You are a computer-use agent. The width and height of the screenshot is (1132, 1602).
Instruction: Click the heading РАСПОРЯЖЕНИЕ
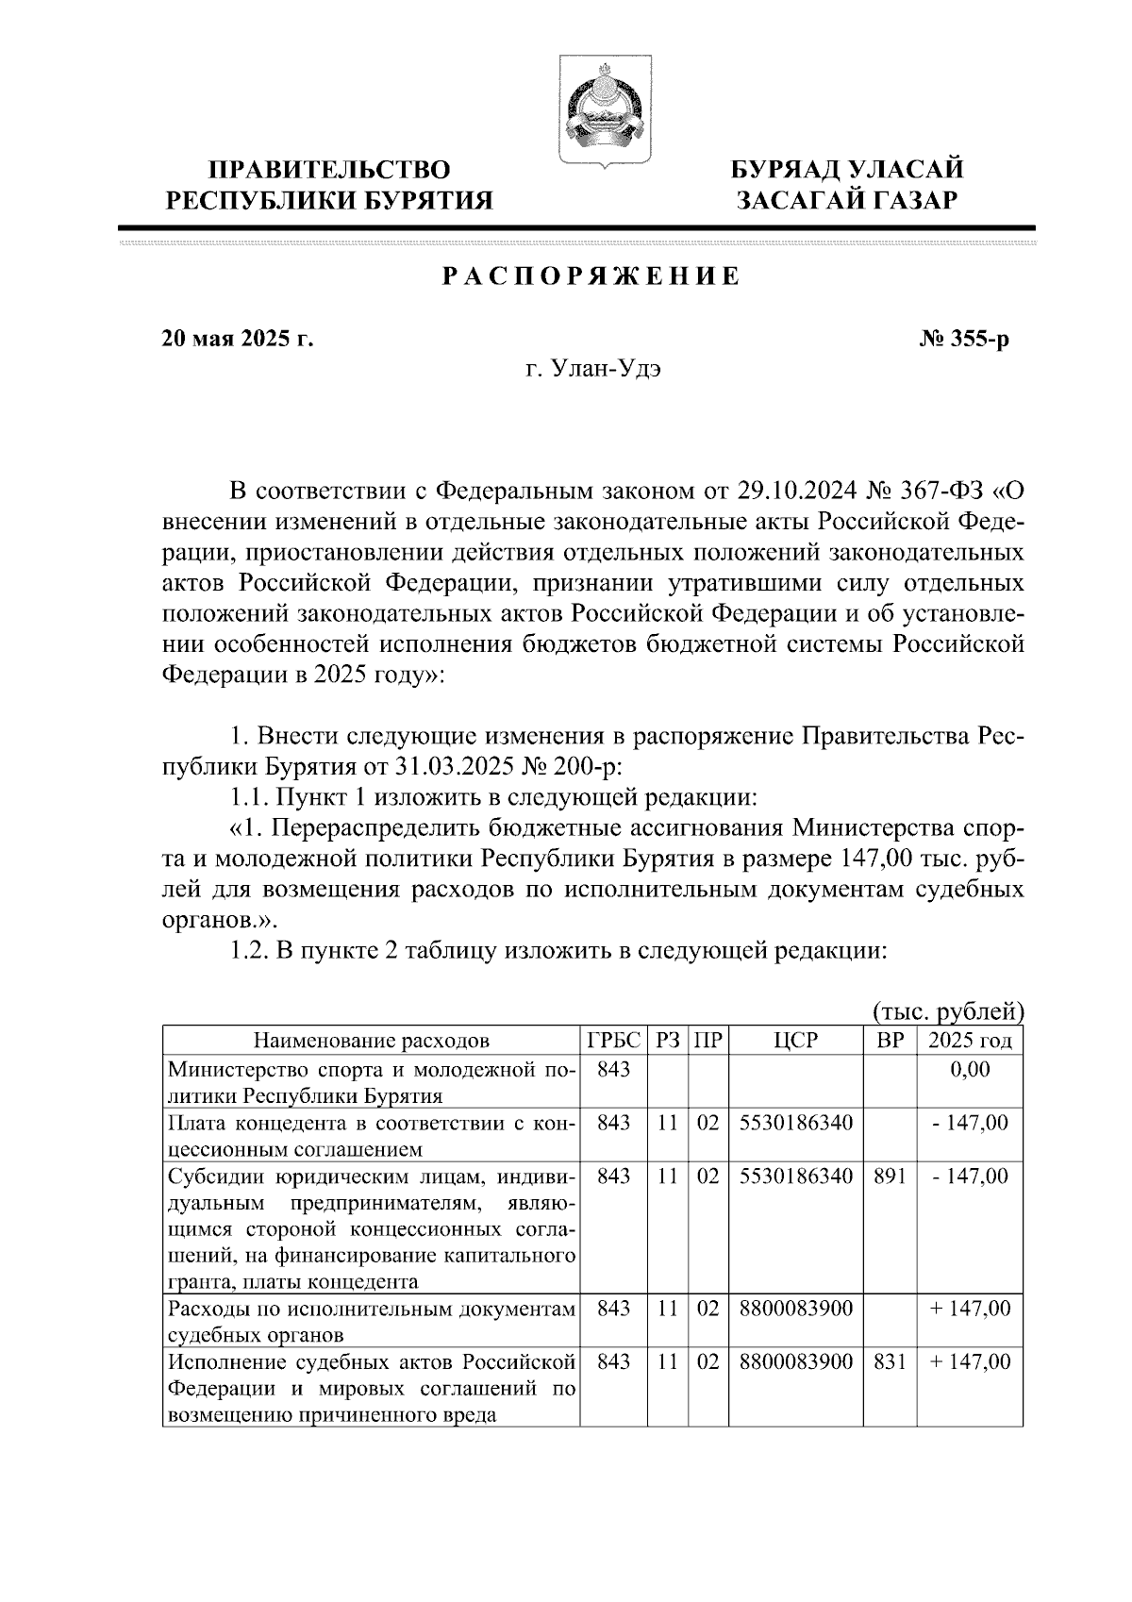[x=591, y=276]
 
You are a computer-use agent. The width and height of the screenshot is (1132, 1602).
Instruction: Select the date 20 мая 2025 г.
[x=238, y=338]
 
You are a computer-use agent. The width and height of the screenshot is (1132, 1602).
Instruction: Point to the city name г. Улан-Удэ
[x=592, y=370]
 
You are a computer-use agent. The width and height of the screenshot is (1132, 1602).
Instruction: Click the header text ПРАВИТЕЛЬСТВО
[x=329, y=170]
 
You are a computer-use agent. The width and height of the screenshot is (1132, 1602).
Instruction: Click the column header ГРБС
[x=613, y=1041]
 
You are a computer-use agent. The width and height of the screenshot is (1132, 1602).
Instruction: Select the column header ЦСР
[x=794, y=1041]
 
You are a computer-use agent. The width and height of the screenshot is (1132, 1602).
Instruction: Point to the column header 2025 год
[x=970, y=1041]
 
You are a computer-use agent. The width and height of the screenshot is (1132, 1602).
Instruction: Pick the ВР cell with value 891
[x=890, y=1176]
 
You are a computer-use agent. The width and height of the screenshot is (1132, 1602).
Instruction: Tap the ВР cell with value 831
[x=890, y=1361]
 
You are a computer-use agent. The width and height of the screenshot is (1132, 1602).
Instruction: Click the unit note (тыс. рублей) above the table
[x=948, y=1012]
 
